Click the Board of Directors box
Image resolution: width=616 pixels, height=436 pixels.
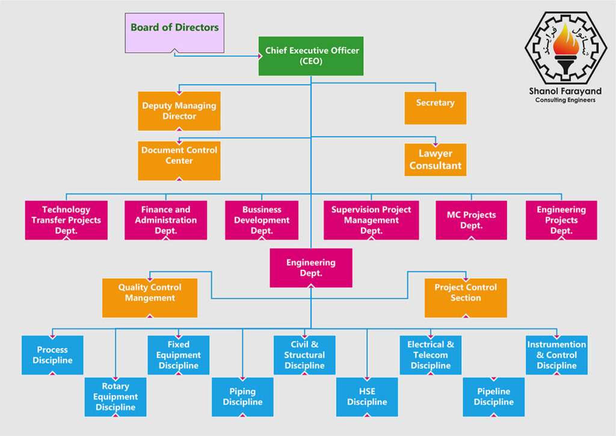click(174, 32)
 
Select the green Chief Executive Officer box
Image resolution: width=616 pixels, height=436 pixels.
click(311, 56)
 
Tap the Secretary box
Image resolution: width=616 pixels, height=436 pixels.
click(435, 108)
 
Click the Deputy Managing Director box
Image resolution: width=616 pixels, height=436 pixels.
click(179, 111)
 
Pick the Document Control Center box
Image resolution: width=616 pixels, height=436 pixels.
click(179, 160)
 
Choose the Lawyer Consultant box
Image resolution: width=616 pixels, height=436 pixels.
click(435, 160)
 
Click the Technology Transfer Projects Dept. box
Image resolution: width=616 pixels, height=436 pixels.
click(66, 220)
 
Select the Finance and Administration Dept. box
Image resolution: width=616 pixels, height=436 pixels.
click(165, 220)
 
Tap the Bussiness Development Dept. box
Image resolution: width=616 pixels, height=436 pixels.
click(262, 220)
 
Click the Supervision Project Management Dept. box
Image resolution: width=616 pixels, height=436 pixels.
click(371, 220)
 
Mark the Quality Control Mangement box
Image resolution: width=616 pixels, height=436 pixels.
click(150, 297)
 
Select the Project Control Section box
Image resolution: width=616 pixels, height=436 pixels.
click(466, 297)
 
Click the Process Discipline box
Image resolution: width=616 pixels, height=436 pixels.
click(52, 355)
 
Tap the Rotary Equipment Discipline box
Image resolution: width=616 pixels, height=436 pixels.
click(115, 397)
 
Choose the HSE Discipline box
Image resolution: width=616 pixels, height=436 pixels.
click(367, 397)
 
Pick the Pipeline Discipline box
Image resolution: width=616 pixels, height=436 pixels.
click(493, 397)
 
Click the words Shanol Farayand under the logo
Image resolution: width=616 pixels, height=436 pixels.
click(565, 91)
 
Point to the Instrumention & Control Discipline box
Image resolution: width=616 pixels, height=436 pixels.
click(556, 355)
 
